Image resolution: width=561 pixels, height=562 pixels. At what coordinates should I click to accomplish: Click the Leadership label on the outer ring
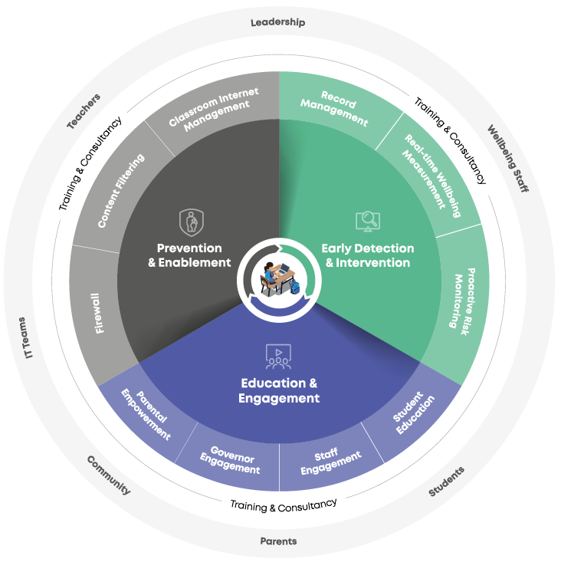(277, 22)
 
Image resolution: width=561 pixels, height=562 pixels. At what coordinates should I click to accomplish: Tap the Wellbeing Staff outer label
(507, 158)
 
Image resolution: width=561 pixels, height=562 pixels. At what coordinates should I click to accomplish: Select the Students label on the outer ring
(446, 481)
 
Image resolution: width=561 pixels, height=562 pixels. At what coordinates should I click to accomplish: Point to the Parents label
(278, 541)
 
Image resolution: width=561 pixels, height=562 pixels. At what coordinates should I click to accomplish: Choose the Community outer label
(108, 475)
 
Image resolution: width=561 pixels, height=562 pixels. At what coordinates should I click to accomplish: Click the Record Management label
(335, 109)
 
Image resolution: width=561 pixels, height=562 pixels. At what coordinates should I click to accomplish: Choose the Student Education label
(413, 415)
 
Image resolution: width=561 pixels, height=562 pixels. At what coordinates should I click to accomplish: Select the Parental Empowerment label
(146, 414)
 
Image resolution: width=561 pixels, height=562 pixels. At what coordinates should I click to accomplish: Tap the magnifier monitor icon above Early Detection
(368, 221)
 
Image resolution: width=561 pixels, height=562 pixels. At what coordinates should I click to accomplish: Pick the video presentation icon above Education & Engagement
(278, 355)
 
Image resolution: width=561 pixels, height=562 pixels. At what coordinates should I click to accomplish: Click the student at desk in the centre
(277, 278)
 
